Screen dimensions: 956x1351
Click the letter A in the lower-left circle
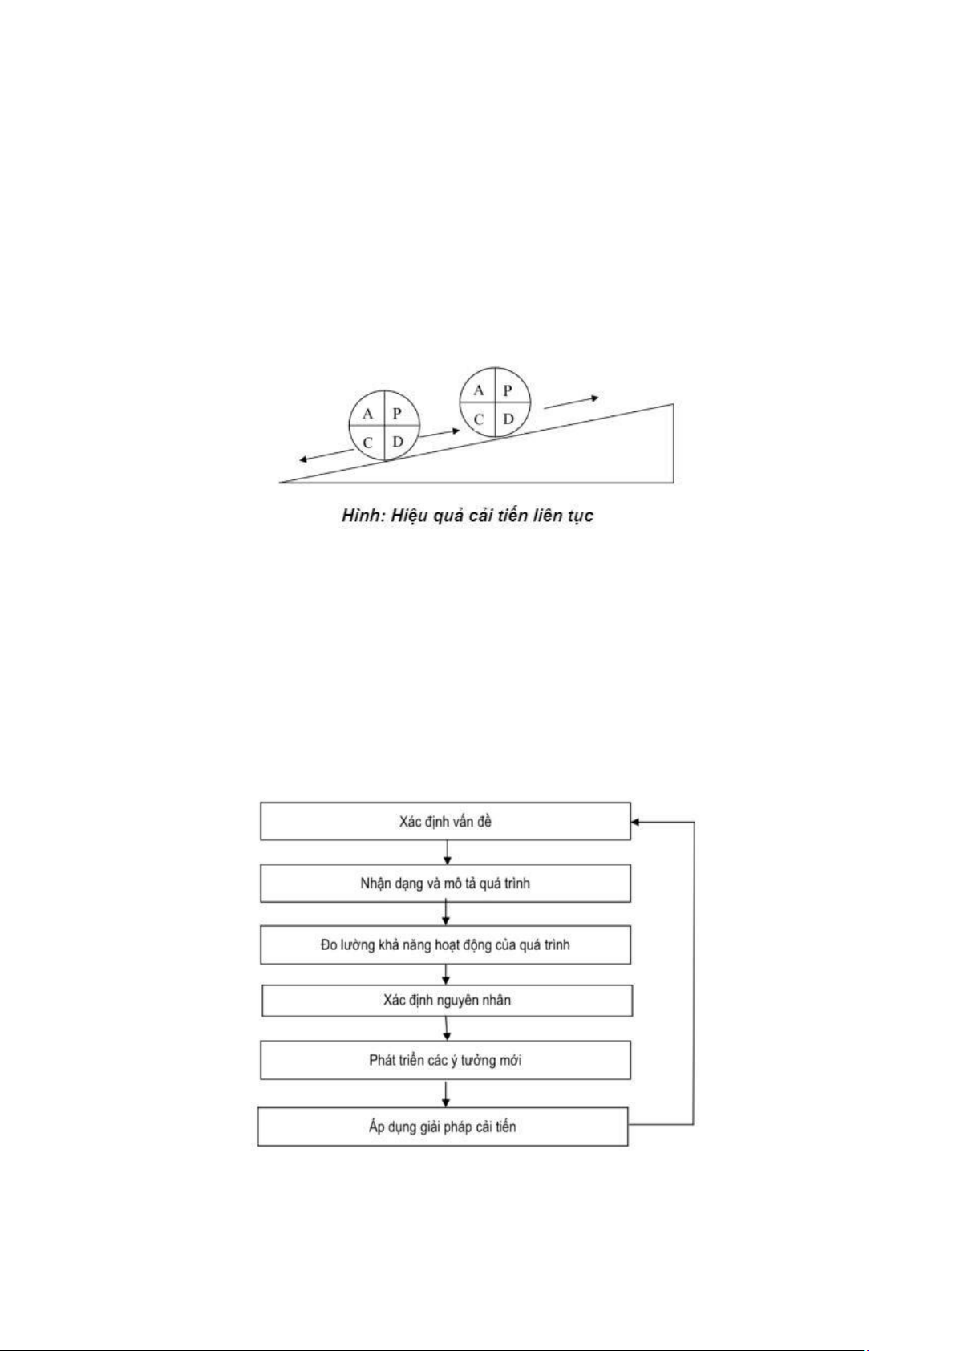pyautogui.click(x=367, y=415)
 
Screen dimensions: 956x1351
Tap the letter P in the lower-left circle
pyautogui.click(x=396, y=414)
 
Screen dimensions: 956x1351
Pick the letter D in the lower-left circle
pyautogui.click(x=398, y=442)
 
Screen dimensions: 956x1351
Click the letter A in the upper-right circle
pyautogui.click(x=478, y=390)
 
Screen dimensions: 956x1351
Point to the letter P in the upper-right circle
pyautogui.click(x=507, y=390)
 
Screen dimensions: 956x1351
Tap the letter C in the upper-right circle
pyautogui.click(x=478, y=420)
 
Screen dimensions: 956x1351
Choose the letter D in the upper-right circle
pyautogui.click(x=508, y=419)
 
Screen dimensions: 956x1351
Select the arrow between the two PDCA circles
pyautogui.click(x=440, y=433)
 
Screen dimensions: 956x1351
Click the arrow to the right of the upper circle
pyautogui.click(x=571, y=402)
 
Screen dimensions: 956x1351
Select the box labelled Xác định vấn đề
pyautogui.click(x=445, y=821)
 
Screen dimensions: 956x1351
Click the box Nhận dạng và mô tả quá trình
pyautogui.click(x=445, y=883)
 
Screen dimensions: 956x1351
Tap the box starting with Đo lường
pyautogui.click(x=445, y=944)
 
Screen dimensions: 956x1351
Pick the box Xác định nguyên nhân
pyautogui.click(x=447, y=1001)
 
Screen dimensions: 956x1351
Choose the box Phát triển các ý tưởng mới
pyautogui.click(x=445, y=1060)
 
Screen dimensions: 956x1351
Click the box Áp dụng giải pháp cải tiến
pyautogui.click(x=443, y=1126)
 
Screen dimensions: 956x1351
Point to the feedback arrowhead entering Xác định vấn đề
pyautogui.click(x=635, y=822)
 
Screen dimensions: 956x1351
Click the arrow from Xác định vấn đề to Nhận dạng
pyautogui.click(x=447, y=852)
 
